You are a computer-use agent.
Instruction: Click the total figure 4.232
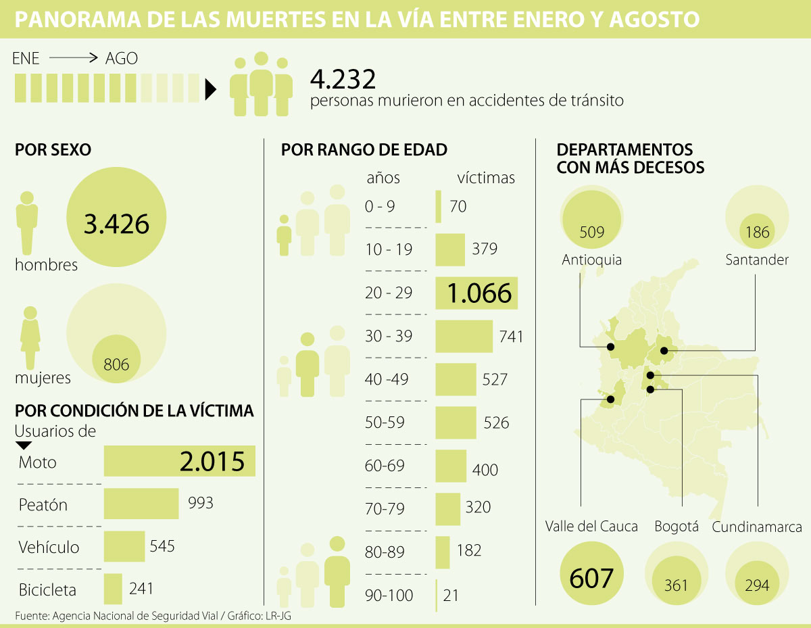pyautogui.click(x=343, y=79)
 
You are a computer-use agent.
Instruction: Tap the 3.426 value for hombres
pyautogui.click(x=116, y=223)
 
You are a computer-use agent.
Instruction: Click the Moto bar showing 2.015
pyautogui.click(x=179, y=462)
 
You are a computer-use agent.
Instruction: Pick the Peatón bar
pyautogui.click(x=141, y=504)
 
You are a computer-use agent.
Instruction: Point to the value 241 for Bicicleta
pyautogui.click(x=141, y=589)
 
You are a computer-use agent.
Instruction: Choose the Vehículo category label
pyautogui.click(x=49, y=547)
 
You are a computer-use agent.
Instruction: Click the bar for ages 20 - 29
pyautogui.click(x=476, y=293)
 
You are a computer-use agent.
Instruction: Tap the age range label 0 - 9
pyautogui.click(x=380, y=207)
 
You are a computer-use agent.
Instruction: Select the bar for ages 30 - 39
pyautogui.click(x=464, y=336)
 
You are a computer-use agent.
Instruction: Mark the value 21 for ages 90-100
pyautogui.click(x=451, y=596)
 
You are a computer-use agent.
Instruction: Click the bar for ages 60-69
pyautogui.click(x=451, y=466)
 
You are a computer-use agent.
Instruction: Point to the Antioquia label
pyautogui.click(x=591, y=260)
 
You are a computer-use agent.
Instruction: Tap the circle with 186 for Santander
pyautogui.click(x=757, y=232)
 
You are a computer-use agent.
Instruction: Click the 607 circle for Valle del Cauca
pyautogui.click(x=591, y=578)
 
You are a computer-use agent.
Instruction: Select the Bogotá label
pyautogui.click(x=676, y=527)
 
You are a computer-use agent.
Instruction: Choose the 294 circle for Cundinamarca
pyautogui.click(x=757, y=585)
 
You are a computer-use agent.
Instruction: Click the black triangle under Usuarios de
pyautogui.click(x=23, y=445)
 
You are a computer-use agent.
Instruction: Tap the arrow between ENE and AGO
pyautogui.click(x=74, y=59)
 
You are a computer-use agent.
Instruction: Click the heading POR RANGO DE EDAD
pyautogui.click(x=364, y=149)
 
